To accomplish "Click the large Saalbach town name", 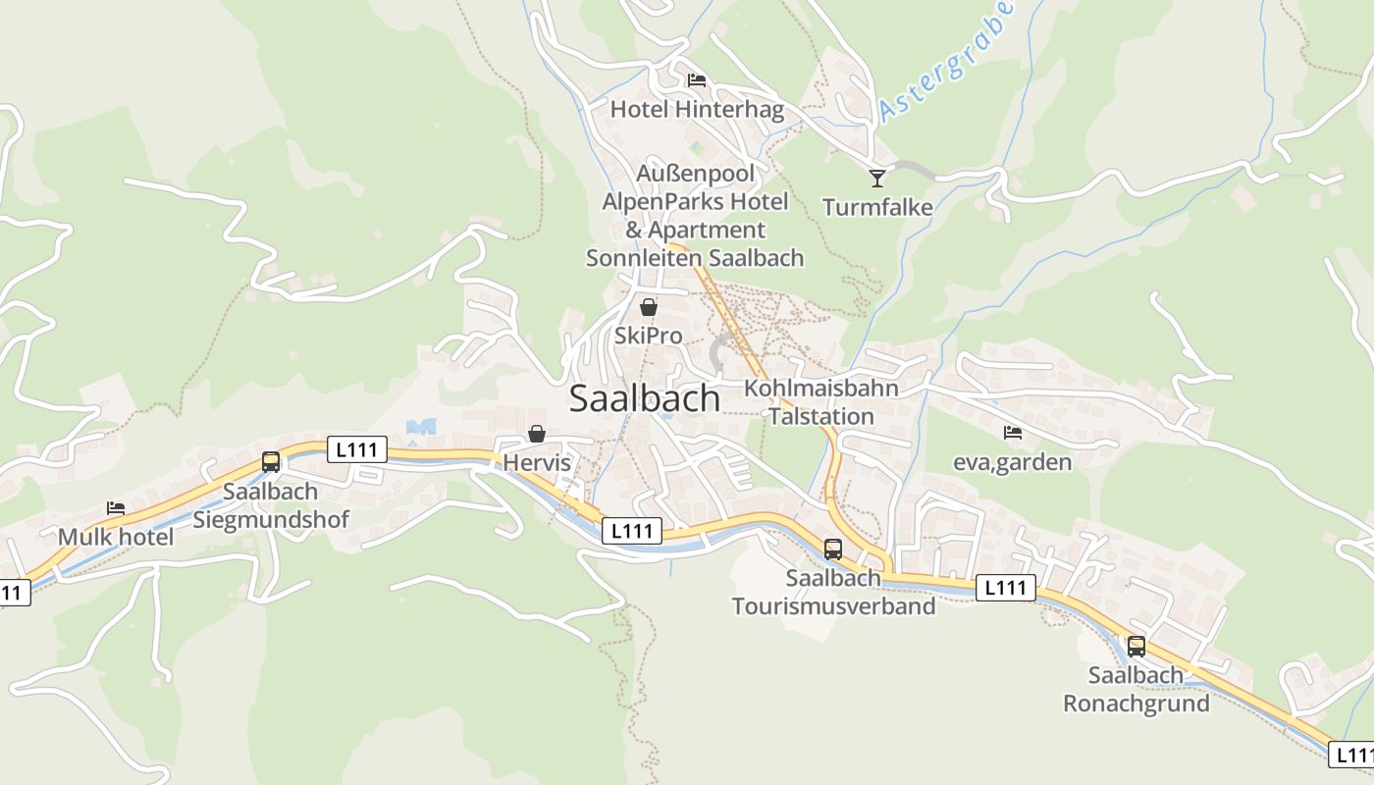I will click(644, 398).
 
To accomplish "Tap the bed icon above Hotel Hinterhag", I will click(697, 80).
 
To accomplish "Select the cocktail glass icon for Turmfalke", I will click(877, 178).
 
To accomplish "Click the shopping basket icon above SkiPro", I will click(648, 306).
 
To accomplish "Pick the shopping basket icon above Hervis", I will click(537, 433).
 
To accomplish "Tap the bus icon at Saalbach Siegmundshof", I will click(271, 461).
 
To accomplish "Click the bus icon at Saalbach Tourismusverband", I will click(833, 549).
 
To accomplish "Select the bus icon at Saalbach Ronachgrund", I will click(1136, 646).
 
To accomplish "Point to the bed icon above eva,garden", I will click(1013, 432).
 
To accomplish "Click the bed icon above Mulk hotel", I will click(116, 507).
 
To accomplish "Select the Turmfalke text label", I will click(877, 207).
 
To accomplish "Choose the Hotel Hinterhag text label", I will click(697, 109).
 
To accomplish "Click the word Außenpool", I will click(696, 174).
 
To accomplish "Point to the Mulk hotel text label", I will click(116, 537).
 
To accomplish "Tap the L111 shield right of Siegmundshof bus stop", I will click(360, 449).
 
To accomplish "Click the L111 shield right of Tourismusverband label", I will click(1006, 588).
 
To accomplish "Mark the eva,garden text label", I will click(1013, 461).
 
